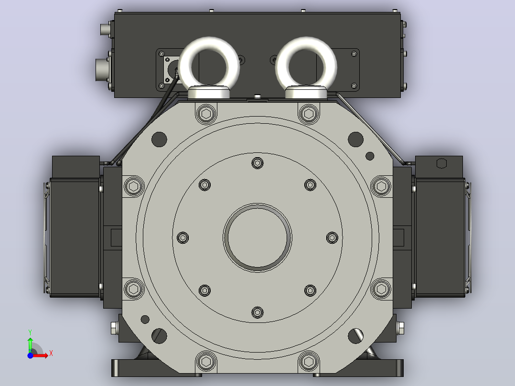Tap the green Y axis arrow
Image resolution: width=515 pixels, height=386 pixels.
coord(30,344)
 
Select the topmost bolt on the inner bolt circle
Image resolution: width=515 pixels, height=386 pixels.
coord(257,163)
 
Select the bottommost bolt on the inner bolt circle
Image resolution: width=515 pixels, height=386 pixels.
coord(257,312)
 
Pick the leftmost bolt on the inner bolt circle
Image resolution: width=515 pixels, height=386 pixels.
coord(183,237)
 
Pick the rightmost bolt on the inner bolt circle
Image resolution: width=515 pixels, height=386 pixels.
coord(332,237)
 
